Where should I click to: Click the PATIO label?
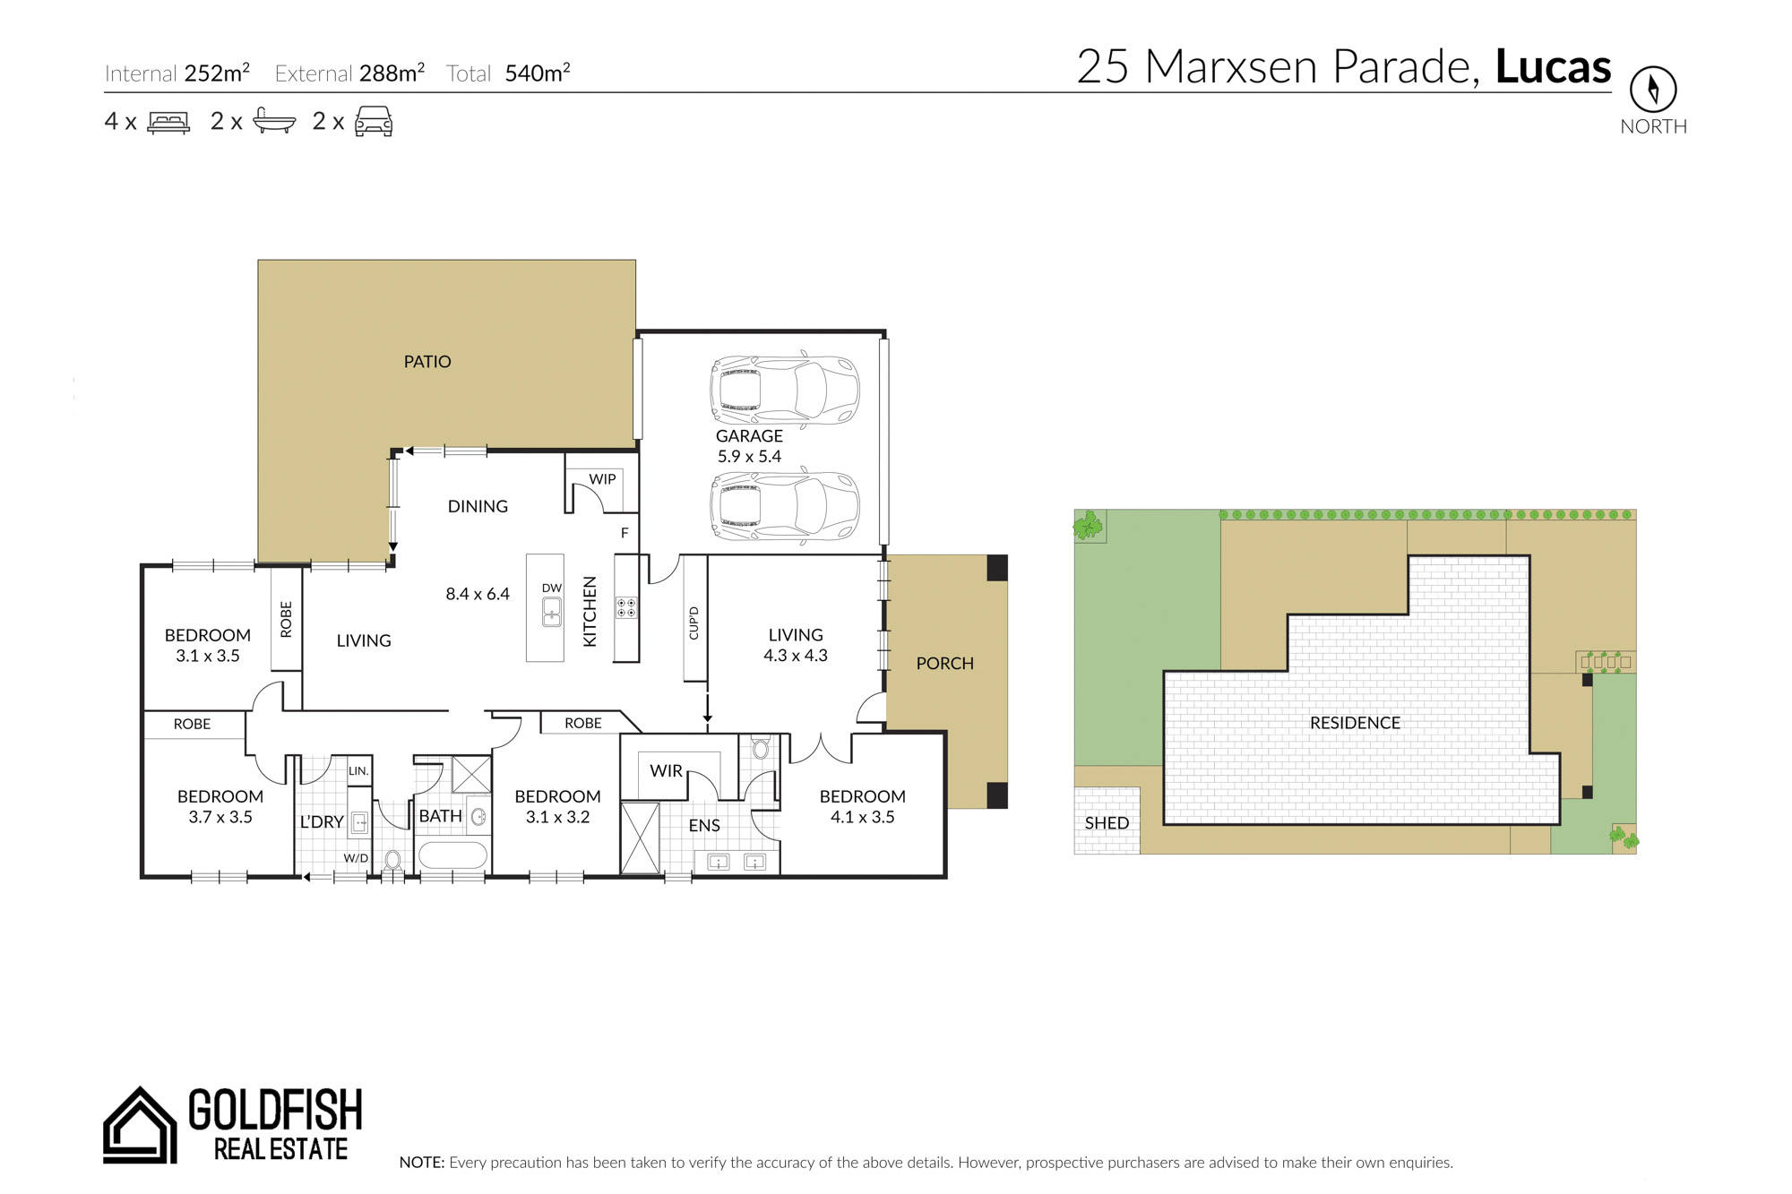pyautogui.click(x=427, y=362)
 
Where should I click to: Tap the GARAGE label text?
pyautogui.click(x=749, y=436)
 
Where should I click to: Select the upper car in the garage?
pyautogui.click(x=785, y=391)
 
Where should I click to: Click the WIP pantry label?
pyautogui.click(x=602, y=479)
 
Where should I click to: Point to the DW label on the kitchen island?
pyautogui.click(x=552, y=588)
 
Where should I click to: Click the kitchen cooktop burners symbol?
pyautogui.click(x=626, y=608)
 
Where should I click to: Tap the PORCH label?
pyautogui.click(x=944, y=664)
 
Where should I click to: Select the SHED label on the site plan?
pyautogui.click(x=1107, y=823)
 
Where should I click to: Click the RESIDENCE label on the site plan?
pyautogui.click(x=1355, y=723)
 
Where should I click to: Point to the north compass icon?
pyautogui.click(x=1653, y=89)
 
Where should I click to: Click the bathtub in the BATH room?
pyautogui.click(x=453, y=855)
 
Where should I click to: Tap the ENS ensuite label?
pyautogui.click(x=704, y=826)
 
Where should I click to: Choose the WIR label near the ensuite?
pyautogui.click(x=666, y=771)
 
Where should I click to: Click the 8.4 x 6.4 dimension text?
pyautogui.click(x=478, y=594)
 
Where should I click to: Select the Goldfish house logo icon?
pyautogui.click(x=140, y=1125)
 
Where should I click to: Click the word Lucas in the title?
pyautogui.click(x=1553, y=66)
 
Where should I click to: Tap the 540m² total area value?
pyautogui.click(x=538, y=73)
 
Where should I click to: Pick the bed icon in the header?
pyautogui.click(x=168, y=123)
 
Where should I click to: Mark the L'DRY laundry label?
pyautogui.click(x=322, y=822)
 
